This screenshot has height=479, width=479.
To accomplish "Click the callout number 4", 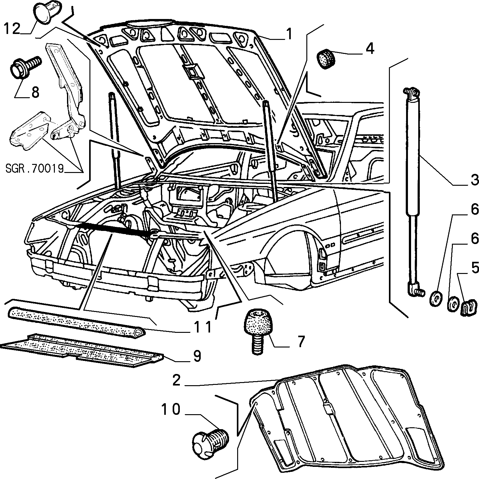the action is pyautogui.click(x=370, y=49).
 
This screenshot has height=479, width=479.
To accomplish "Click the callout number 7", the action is pyautogui.click(x=300, y=342).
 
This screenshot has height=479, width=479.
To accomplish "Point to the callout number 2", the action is pyautogui.click(x=176, y=380).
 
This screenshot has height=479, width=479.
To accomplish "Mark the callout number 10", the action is pyautogui.click(x=171, y=409).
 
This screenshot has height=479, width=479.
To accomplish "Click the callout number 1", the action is pyautogui.click(x=290, y=34).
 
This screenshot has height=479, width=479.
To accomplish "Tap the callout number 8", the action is pyautogui.click(x=35, y=93).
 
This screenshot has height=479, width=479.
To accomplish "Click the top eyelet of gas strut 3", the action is pyautogui.click(x=410, y=92).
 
